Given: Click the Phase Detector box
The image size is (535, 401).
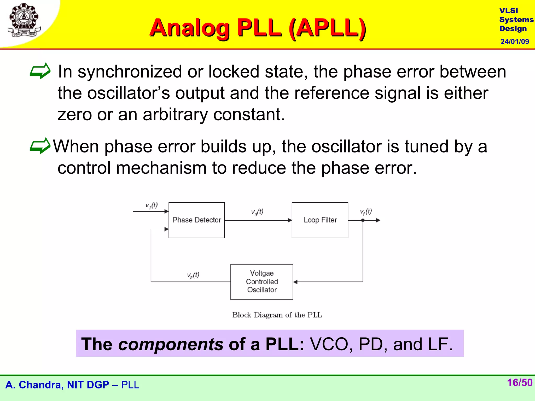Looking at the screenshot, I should [196, 220].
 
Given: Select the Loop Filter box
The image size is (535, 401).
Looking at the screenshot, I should [320, 220].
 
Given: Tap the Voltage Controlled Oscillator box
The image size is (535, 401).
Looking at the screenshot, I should [261, 282].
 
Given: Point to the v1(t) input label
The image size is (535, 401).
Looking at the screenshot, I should [151, 205].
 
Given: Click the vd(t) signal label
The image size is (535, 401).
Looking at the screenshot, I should [257, 212].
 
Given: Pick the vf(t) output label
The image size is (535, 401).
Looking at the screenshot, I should [366, 211].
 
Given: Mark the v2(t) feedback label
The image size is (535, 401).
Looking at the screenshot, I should [193, 275].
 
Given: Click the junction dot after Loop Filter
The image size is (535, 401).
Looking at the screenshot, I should [363, 220].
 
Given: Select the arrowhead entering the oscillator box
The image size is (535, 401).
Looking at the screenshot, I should [295, 282].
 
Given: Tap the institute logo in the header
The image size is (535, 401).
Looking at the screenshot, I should [24, 20].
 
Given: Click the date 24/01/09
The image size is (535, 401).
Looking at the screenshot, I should [514, 42].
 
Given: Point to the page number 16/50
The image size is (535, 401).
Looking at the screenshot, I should [519, 383].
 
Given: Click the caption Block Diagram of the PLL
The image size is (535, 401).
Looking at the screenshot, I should [277, 315].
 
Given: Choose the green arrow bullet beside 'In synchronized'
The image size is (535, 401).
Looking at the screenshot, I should [40, 71].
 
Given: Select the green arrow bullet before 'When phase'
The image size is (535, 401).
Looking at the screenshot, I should [40, 146].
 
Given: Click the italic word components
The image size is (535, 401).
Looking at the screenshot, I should [171, 344].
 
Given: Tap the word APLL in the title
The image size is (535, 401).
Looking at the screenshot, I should [328, 28].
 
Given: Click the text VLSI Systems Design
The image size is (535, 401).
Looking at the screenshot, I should [516, 20].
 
